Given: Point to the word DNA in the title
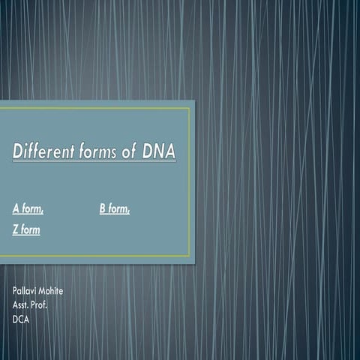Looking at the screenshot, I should tap(160, 152).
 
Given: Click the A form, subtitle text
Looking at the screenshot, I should tap(28, 208).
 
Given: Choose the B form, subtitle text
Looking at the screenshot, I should tap(115, 208).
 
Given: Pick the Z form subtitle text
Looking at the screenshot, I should tap(26, 229).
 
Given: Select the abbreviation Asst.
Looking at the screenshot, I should tap(23, 305).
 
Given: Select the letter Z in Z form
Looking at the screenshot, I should tap(16, 229).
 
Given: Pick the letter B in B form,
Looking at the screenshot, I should tap(103, 208).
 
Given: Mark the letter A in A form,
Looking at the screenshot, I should tap(16, 208).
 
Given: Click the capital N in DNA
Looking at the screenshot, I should tap(159, 152).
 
